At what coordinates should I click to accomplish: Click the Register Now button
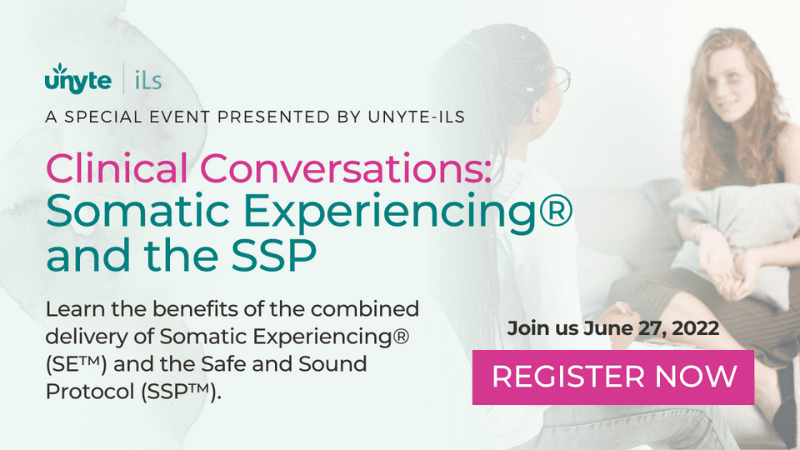pyautogui.click(x=612, y=377)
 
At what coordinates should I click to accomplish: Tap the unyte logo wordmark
pyautogui.click(x=78, y=80)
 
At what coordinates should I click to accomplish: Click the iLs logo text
pyautogui.click(x=148, y=81)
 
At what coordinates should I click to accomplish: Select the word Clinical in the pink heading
pyautogui.click(x=117, y=168)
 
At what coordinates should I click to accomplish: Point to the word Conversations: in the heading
pyautogui.click(x=345, y=168)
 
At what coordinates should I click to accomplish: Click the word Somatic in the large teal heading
pyautogui.click(x=137, y=211)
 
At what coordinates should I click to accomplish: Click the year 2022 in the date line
pyautogui.click(x=696, y=328)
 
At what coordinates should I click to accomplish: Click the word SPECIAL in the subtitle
pyautogui.click(x=103, y=117)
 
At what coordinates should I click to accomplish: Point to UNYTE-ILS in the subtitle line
pyautogui.click(x=417, y=117)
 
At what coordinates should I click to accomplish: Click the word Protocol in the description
pyautogui.click(x=90, y=392)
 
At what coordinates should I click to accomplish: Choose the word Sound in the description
pyautogui.click(x=332, y=364)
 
